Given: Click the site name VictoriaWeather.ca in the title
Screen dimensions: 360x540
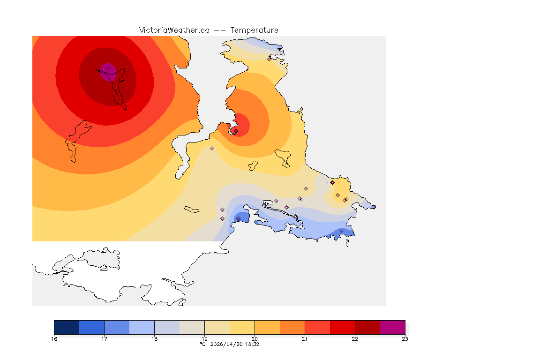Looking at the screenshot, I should tap(174, 30).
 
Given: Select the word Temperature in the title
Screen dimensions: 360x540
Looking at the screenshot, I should tap(254, 30).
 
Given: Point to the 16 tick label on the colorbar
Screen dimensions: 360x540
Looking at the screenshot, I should tap(54, 339).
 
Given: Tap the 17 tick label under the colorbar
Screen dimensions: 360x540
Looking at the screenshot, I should tap(104, 339).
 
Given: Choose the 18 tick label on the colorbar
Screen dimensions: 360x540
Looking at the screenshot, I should tap(154, 339).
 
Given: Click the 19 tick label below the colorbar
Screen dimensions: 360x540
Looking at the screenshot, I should tap(204, 339).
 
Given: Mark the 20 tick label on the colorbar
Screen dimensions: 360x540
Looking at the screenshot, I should tap(255, 339).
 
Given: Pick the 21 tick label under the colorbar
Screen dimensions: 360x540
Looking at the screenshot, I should tap(305, 339).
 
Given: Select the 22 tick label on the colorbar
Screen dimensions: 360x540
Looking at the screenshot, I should tap(355, 339).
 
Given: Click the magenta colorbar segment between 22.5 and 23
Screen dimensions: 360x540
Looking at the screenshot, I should tap(392, 327).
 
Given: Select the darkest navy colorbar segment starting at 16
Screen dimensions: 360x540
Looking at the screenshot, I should tap(67, 327).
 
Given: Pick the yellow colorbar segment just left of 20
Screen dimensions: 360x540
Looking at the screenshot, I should tap(242, 327).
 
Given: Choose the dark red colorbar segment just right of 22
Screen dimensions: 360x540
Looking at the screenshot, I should tap(367, 327).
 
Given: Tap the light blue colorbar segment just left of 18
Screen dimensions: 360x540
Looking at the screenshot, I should tap(142, 327).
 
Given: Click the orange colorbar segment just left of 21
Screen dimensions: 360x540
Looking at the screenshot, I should tap(292, 327).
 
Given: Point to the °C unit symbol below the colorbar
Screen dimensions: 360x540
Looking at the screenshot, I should tap(202, 344).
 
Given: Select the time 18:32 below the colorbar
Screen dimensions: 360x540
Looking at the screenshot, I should tap(253, 344).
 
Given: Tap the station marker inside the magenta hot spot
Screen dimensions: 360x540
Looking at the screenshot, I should tap(108, 68).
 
